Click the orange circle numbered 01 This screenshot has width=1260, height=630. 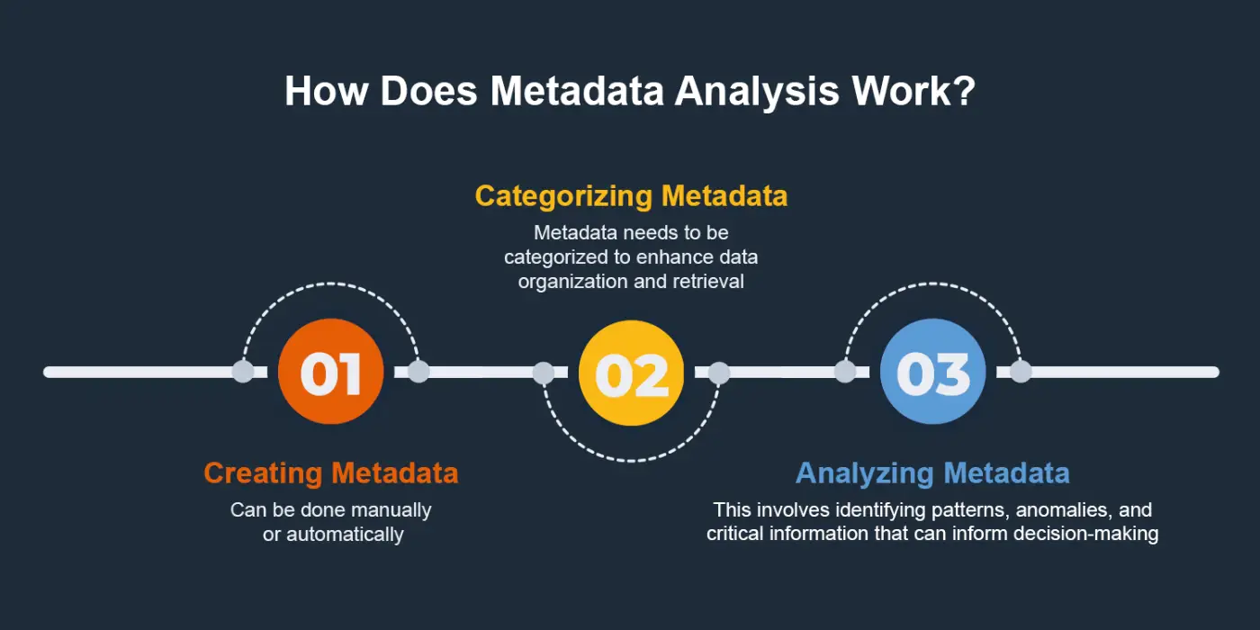330,372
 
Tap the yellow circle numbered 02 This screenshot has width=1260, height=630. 632,372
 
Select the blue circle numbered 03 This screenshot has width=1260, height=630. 932,372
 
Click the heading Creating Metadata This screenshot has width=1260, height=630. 330,472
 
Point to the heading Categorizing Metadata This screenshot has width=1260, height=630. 631,196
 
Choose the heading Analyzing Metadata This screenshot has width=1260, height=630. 932,472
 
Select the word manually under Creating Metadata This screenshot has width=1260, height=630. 391,510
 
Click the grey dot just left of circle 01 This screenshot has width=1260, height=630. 243,372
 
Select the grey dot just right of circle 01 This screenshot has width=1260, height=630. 418,372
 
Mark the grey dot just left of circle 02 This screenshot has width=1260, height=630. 544,372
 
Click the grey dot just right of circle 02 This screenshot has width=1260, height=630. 719,372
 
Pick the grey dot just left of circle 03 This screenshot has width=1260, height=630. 845,372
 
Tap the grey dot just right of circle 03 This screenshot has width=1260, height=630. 1020,372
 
